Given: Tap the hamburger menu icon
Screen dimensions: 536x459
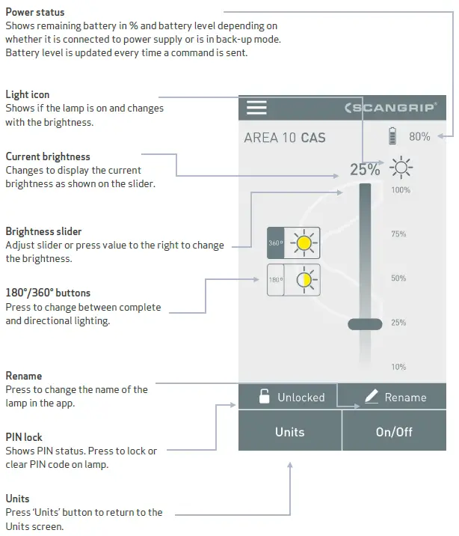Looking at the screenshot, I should click(256, 108).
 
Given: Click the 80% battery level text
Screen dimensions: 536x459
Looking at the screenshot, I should click(419, 137).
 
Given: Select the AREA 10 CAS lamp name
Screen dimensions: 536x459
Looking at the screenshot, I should click(284, 138).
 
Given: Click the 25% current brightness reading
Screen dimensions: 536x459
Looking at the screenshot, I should click(365, 169).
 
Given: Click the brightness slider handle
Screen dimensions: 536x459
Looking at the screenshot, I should click(365, 323).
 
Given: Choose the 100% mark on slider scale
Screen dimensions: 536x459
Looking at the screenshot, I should click(400, 190).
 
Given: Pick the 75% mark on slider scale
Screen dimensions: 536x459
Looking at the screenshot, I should click(399, 234).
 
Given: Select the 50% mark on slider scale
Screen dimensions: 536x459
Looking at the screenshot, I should click(399, 278).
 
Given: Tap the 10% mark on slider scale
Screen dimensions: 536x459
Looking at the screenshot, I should click(399, 367).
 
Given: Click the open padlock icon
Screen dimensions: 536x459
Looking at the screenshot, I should click(264, 397).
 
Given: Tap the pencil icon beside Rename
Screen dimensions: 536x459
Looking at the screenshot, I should click(371, 397).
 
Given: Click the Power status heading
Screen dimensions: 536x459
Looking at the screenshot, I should click(35, 12).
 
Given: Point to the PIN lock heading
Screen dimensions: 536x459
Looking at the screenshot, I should click(24, 437).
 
